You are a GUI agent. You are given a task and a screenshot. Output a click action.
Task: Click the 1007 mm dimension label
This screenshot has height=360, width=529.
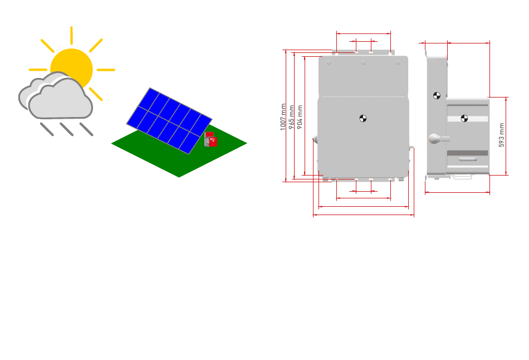point(283,116)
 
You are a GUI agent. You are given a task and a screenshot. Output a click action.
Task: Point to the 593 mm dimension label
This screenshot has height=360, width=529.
point(501,135)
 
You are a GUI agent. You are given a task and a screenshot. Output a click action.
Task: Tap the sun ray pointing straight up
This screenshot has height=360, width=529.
point(71,35)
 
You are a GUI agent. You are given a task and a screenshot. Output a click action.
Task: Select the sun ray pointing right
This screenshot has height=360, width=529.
point(106,70)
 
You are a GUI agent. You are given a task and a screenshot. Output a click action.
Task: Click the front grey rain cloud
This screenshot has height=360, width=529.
point(61,100)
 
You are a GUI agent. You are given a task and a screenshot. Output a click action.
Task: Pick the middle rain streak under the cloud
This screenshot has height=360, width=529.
point(67,129)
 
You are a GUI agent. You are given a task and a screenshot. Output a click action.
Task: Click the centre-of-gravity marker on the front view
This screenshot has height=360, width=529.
point(363,118)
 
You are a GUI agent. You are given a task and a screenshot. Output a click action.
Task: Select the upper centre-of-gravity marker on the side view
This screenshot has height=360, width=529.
point(437,95)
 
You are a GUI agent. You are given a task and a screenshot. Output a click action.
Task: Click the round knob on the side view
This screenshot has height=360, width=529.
point(433,138)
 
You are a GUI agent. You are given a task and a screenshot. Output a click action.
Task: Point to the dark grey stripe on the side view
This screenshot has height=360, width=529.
point(468,153)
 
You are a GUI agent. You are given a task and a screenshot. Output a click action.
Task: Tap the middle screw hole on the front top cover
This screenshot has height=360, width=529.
point(363,63)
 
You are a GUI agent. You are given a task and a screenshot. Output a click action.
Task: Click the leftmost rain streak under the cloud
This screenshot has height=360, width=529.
point(47,129)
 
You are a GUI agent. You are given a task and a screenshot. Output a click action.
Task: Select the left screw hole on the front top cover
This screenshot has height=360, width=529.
point(329,63)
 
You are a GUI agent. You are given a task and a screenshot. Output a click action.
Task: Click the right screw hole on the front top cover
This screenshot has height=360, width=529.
point(398,63)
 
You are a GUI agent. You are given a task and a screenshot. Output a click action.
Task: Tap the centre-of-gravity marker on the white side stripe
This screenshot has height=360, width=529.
point(464,118)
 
